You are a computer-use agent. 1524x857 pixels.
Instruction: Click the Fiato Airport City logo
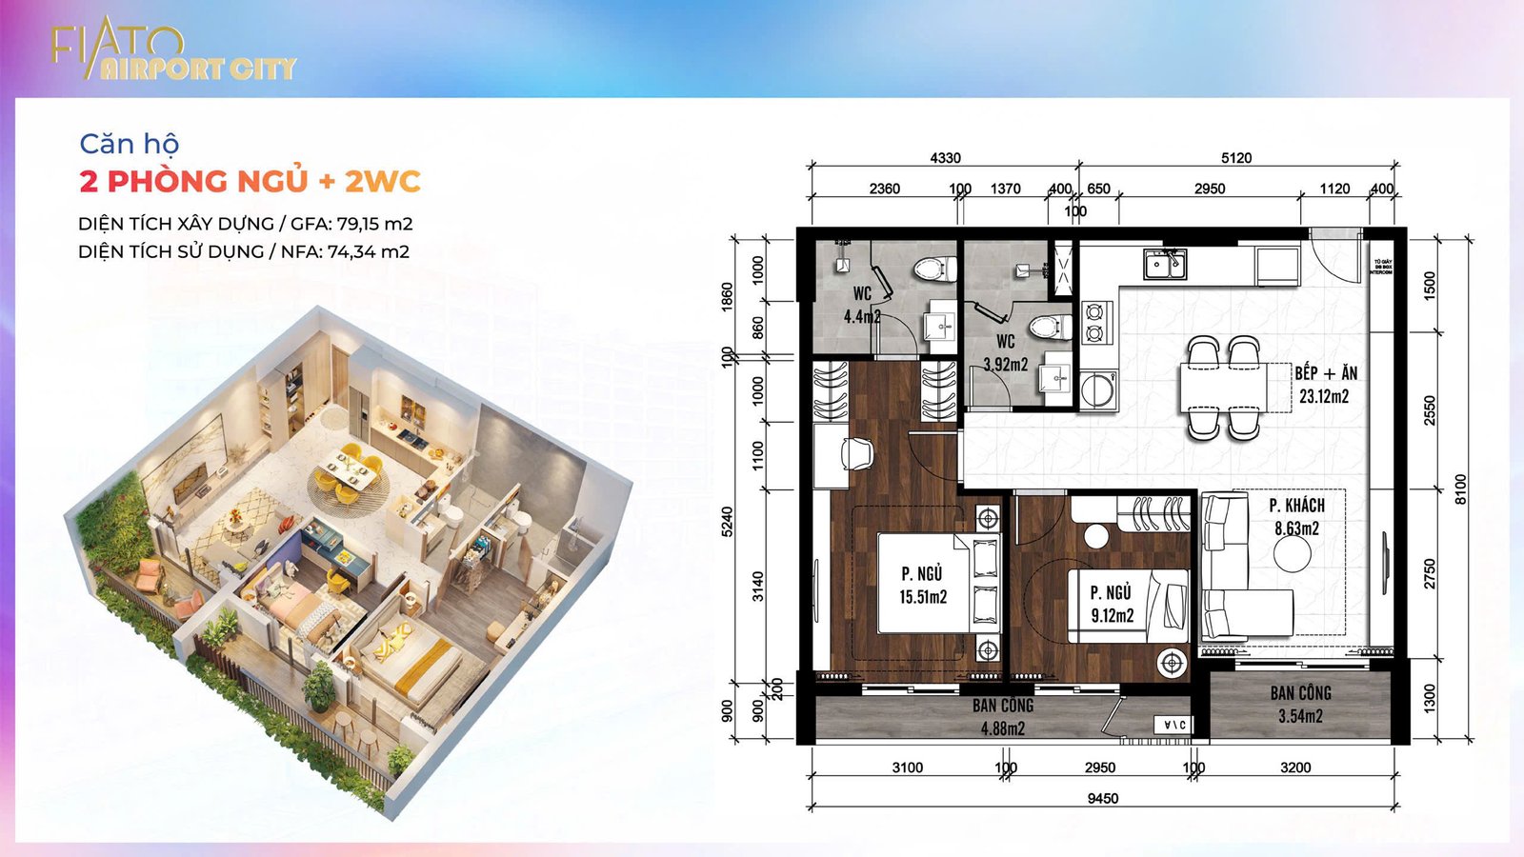(x=172, y=52)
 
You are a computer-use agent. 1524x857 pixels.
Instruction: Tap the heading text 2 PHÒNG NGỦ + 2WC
(x=250, y=181)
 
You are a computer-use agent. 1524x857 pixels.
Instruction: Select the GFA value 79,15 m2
(x=374, y=224)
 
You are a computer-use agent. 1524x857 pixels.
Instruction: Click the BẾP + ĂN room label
(x=1325, y=384)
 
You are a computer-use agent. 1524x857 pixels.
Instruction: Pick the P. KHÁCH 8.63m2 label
(x=1296, y=516)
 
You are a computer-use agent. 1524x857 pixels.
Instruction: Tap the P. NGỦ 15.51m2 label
(x=922, y=585)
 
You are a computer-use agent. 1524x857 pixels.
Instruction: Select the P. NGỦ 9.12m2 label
(x=1112, y=604)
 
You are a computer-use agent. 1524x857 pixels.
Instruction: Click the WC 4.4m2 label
(x=862, y=305)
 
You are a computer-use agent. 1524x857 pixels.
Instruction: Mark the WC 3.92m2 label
(x=1006, y=352)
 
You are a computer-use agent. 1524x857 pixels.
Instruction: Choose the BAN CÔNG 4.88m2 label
(x=1003, y=717)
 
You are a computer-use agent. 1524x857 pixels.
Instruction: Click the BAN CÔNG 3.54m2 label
(x=1300, y=704)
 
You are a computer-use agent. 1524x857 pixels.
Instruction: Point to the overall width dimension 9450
(x=1103, y=798)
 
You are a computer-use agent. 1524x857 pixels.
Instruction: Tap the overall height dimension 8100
(x=1460, y=488)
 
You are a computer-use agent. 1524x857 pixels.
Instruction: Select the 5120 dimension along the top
(x=1235, y=158)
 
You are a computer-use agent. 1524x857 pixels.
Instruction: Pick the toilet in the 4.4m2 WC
(x=933, y=269)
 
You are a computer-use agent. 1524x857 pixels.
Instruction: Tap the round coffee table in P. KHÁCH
(x=1293, y=555)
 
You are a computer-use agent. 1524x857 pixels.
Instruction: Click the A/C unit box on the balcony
(x=1173, y=726)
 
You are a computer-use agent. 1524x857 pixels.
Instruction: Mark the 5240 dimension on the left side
(x=728, y=522)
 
